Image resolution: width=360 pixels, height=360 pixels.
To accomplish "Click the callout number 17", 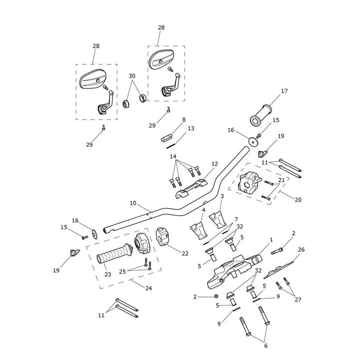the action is click(284, 91).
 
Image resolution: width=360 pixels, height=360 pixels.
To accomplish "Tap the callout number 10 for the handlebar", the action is click(133, 203).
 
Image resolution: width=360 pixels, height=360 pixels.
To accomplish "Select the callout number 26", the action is click(301, 250).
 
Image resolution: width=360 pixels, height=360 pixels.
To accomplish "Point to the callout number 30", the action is click(132, 76).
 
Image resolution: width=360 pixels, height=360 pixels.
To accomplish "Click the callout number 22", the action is click(185, 253).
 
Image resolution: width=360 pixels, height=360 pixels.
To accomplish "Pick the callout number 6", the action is click(266, 346).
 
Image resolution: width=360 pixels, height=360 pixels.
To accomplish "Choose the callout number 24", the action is click(149, 288).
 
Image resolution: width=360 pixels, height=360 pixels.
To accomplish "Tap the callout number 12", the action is click(215, 164).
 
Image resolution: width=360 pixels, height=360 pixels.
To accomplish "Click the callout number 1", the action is click(271, 240).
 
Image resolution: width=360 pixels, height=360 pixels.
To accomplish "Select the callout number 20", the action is click(298, 200).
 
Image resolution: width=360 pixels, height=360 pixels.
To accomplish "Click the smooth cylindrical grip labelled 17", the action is click(261, 115).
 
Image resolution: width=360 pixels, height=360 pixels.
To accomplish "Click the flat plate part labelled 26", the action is click(278, 270).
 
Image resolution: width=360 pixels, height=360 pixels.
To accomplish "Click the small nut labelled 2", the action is click(216, 297).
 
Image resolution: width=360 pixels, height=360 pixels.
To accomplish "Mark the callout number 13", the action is click(191, 128).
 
